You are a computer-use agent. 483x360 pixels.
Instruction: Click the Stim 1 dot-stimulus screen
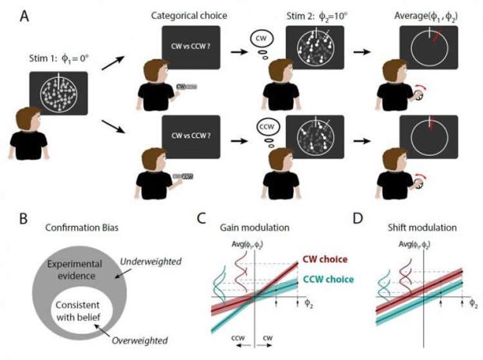tap(57, 93)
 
